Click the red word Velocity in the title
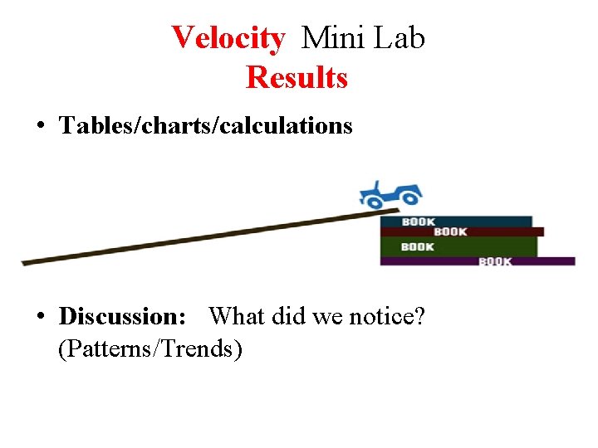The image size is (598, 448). coord(228,37)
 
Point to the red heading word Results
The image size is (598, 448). coord(297,78)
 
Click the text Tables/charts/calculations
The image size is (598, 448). coord(206,126)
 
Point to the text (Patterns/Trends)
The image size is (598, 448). coord(150,349)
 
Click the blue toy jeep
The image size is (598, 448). coord(390,194)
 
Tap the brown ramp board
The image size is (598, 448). coord(199,238)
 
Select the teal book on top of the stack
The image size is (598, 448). coord(455,222)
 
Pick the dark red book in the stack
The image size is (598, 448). coord(462,231)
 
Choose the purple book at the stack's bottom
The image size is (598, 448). coord(477,261)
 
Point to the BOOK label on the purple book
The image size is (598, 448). coord(496,261)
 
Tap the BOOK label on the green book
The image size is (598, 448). coord(417,246)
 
